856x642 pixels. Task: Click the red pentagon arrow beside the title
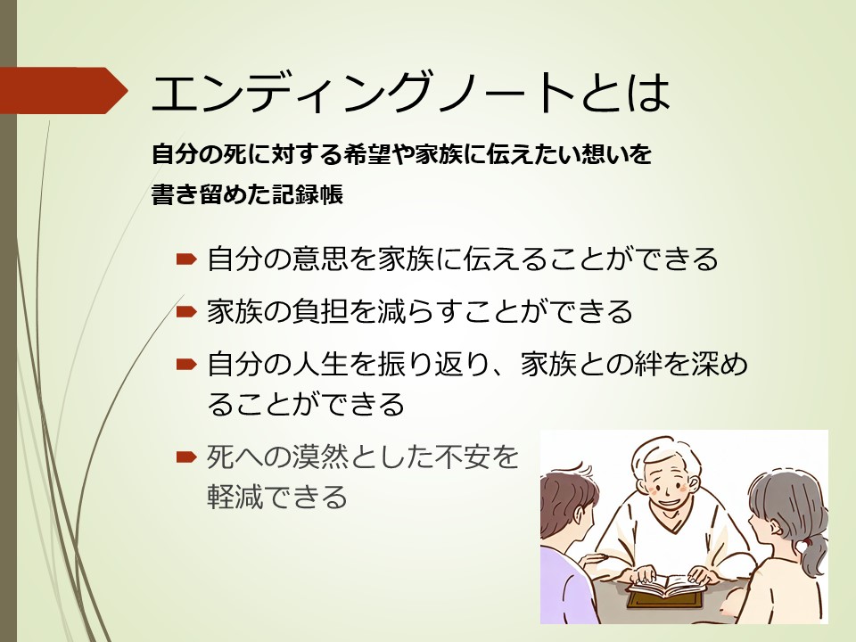(x=62, y=91)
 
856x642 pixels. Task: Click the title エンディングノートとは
(x=410, y=92)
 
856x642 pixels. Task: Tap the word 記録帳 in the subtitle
(x=308, y=193)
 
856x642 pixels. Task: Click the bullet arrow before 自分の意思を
(x=186, y=259)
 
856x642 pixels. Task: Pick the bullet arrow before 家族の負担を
(x=186, y=311)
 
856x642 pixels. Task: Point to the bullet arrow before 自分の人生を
(x=186, y=364)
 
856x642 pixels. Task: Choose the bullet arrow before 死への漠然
(x=186, y=457)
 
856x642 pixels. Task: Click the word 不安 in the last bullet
(x=463, y=457)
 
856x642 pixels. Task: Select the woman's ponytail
(x=813, y=556)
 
